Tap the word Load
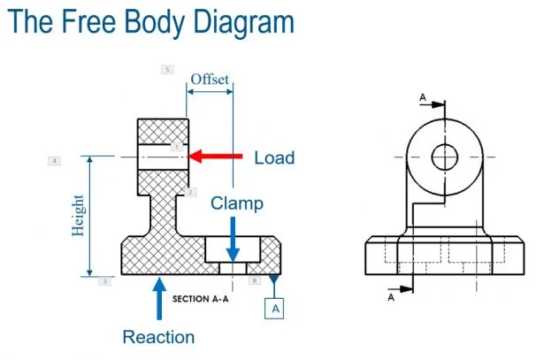pos(274,158)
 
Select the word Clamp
pos(237,203)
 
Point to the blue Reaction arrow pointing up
pos(159,298)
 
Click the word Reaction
pos(158,337)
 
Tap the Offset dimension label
pos(211,79)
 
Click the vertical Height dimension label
pos(78,215)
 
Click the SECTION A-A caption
pos(201,298)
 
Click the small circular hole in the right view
pos(444,157)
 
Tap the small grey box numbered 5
pos(168,69)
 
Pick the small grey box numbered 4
pos(55,161)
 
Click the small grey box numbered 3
pos(104,281)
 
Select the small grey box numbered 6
pos(254,280)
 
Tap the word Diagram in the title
pos(242,21)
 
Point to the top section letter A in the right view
pos(423,96)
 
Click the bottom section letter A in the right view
pos(391,298)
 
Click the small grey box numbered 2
pos(190,192)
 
